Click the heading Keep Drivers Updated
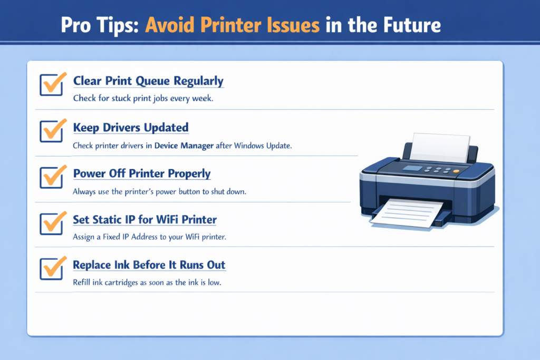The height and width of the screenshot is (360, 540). click(x=130, y=128)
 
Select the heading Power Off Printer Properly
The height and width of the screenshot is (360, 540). click(x=141, y=173)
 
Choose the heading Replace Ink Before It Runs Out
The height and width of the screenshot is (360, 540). click(x=149, y=265)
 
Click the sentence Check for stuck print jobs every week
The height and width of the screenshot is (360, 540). click(x=143, y=98)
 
